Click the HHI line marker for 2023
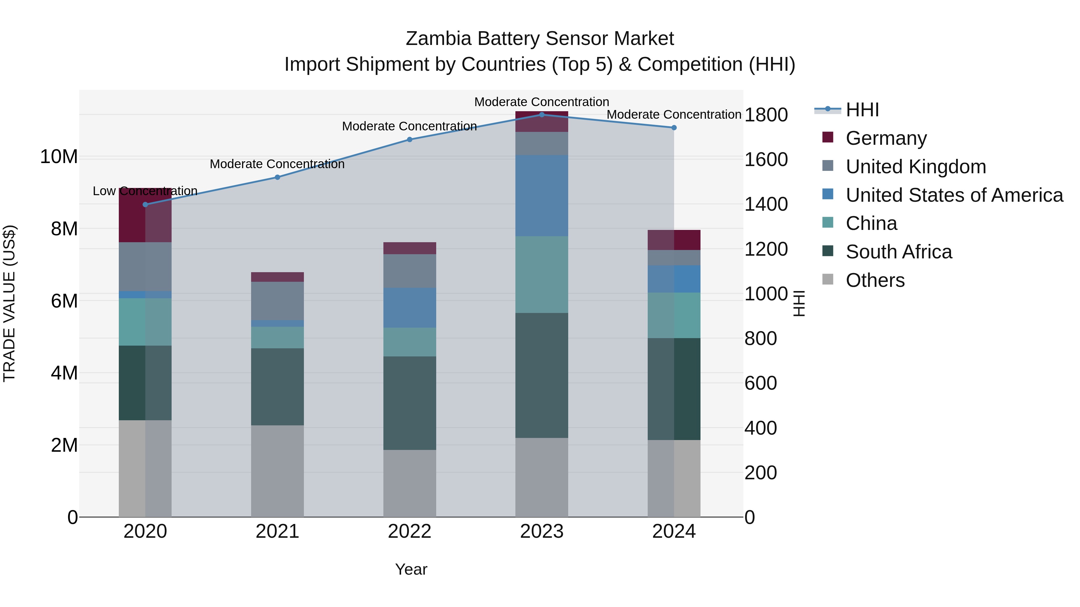click(x=542, y=115)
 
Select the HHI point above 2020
click(x=145, y=204)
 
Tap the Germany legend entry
click(x=886, y=138)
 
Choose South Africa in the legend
click(x=898, y=252)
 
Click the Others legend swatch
click(x=828, y=279)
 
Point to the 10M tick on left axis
click(x=59, y=157)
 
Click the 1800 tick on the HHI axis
click(x=766, y=115)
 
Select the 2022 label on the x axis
click(x=409, y=531)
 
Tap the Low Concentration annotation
click(x=145, y=191)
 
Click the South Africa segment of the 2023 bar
click(x=542, y=375)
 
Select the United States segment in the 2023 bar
click(x=542, y=196)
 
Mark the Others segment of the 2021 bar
click(x=277, y=471)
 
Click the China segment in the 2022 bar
click(x=409, y=342)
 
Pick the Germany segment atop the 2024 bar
click(x=674, y=240)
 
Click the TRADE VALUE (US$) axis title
click(x=9, y=303)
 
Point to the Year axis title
click(x=411, y=569)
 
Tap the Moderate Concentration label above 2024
click(x=674, y=115)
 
